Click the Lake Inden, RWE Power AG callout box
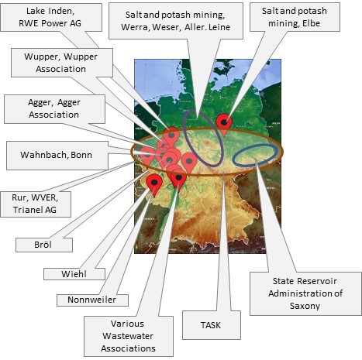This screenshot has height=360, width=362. click(x=51, y=18)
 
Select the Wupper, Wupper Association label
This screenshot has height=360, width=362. click(x=62, y=63)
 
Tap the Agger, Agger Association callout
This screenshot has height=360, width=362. click(x=54, y=109)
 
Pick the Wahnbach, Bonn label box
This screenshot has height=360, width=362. click(x=57, y=156)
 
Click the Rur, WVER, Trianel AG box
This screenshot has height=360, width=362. click(x=36, y=204)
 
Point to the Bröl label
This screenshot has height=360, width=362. click(x=44, y=245)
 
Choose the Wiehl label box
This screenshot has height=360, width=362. click(x=74, y=274)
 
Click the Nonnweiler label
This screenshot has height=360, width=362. click(x=92, y=300)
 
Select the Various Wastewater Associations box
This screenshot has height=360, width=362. click(x=129, y=336)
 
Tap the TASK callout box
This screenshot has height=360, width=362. click(x=212, y=325)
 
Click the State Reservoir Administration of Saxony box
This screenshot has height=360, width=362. click(x=305, y=293)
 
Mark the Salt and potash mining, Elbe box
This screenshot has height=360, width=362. click(x=295, y=17)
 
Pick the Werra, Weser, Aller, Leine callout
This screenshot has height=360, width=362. click(x=176, y=21)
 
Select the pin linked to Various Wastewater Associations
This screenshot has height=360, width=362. click(x=178, y=180)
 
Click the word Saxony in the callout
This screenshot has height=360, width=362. click(x=305, y=306)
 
